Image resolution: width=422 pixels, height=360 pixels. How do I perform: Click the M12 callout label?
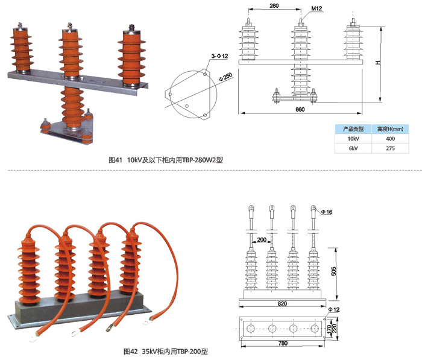click(x=318, y=9)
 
